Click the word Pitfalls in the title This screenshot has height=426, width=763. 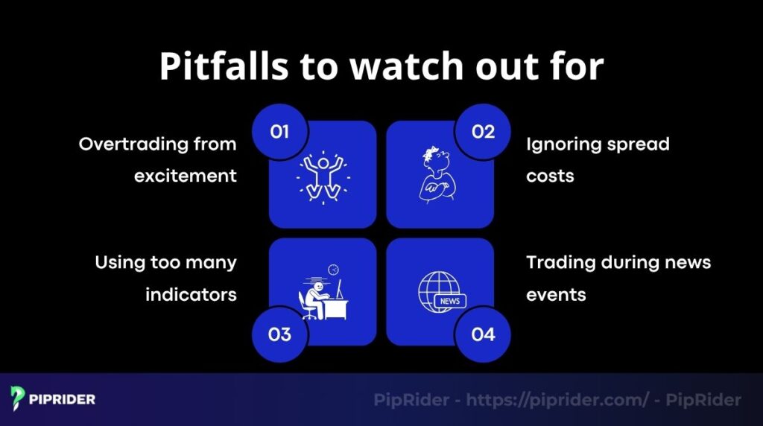coord(224,67)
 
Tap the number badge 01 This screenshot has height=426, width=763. coord(279,132)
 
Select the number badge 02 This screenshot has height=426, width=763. coord(483,132)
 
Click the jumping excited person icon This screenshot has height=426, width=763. coord(323,177)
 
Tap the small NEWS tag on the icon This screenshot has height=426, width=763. coord(450,301)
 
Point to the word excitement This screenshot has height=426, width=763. coord(186,176)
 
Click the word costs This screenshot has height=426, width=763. coord(551,176)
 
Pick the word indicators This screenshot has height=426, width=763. coord(191,295)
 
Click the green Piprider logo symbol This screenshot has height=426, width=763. coord(18,398)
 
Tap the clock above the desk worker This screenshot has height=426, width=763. coord(332,269)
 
